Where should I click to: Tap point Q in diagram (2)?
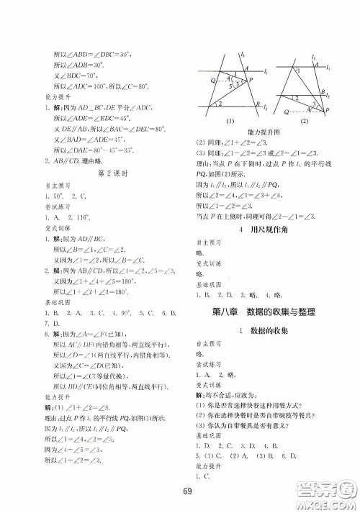coord(287,112)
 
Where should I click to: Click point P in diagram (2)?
coord(330,112)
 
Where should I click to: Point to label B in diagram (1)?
coord(257,106)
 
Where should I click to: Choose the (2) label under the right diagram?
coord(303,121)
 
